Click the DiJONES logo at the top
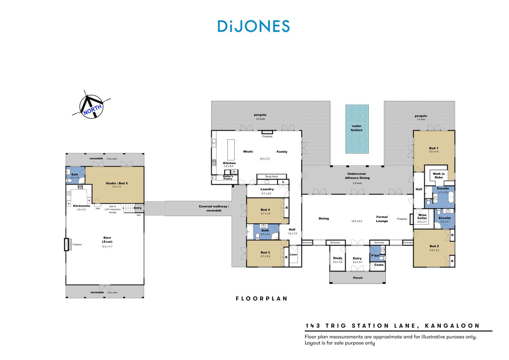pyautogui.click(x=254, y=26)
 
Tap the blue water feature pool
pyautogui.click(x=357, y=129)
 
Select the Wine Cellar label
pyautogui.click(x=422, y=217)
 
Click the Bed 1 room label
pyautogui.click(x=434, y=148)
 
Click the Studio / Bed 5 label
pyautogui.click(x=117, y=183)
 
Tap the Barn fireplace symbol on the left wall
pyautogui.click(x=67, y=244)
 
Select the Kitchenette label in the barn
pyautogui.click(x=81, y=206)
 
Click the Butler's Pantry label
pyautogui.click(x=228, y=177)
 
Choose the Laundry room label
pyautogui.click(x=267, y=189)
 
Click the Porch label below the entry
pyautogui.click(x=358, y=278)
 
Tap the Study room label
pyautogui.click(x=338, y=258)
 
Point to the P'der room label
pyautogui.click(x=375, y=256)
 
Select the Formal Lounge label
pyautogui.click(x=382, y=219)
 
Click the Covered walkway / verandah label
pyautogui.click(x=214, y=208)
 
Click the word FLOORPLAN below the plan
pyautogui.click(x=261, y=299)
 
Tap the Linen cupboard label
pyautogui.click(x=293, y=255)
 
